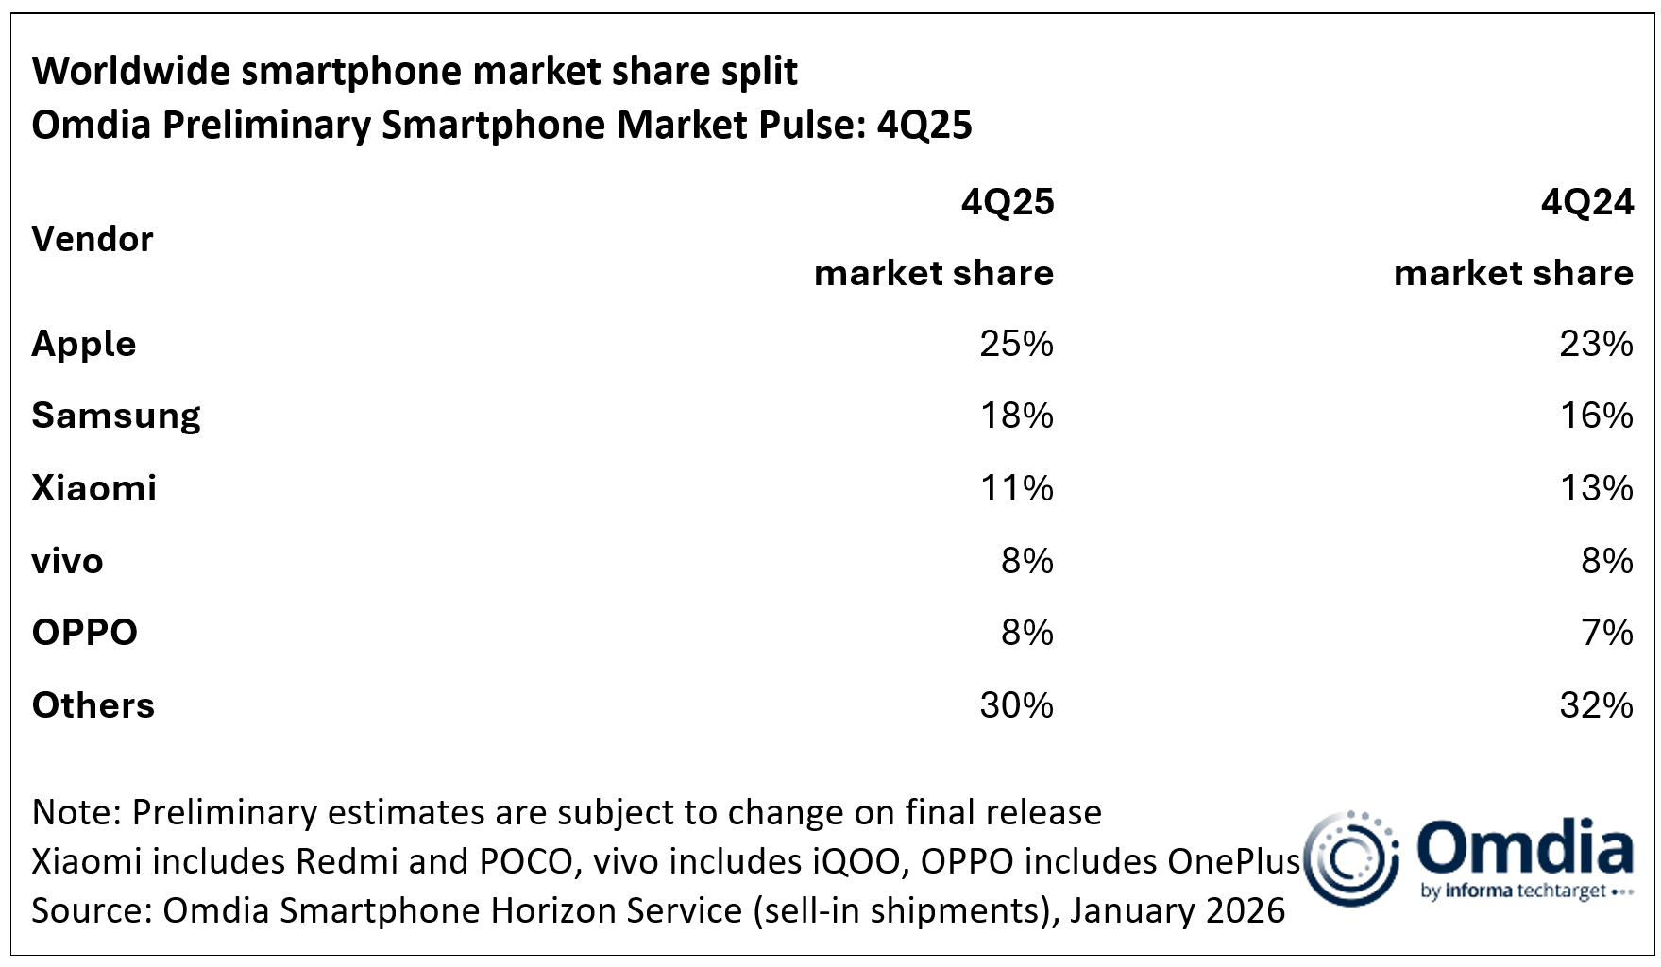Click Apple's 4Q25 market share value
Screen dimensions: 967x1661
(1016, 343)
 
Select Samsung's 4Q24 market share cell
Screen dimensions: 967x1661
(1596, 416)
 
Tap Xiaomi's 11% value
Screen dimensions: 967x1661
(1016, 488)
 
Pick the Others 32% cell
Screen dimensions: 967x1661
(1596, 705)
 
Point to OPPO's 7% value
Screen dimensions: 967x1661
(1607, 633)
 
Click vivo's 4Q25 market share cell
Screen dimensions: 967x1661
(1027, 561)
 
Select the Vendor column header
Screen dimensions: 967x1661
(93, 239)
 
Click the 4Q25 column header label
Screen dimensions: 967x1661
(1008, 202)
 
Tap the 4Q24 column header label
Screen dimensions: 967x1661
(1587, 202)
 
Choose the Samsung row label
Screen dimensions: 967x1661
(116, 416)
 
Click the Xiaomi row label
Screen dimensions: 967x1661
(94, 488)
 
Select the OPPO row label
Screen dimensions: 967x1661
(85, 633)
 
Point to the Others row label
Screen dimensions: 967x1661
(93, 705)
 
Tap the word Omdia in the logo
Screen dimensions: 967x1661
(1525, 847)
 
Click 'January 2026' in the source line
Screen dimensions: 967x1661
(1178, 910)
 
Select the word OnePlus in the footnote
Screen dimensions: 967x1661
(1234, 861)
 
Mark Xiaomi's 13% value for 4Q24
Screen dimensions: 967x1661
(1596, 488)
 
